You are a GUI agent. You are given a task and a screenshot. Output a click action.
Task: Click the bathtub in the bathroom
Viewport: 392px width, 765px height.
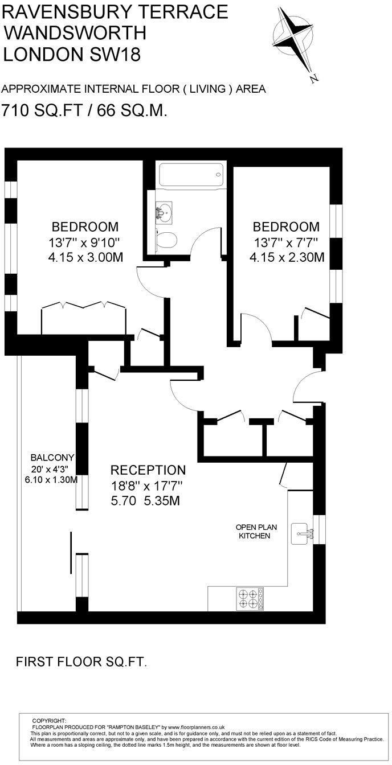(x=191, y=175)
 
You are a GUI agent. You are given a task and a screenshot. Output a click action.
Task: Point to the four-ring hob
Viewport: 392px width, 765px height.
(x=250, y=598)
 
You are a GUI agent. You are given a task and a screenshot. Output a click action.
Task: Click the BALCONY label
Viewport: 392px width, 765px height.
(x=52, y=458)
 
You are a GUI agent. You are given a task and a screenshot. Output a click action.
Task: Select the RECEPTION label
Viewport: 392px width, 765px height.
(x=148, y=470)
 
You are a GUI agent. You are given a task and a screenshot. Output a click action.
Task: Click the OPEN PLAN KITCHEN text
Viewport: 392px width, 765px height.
(x=254, y=532)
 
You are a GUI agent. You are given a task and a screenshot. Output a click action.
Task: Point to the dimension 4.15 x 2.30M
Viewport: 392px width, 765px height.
(x=287, y=257)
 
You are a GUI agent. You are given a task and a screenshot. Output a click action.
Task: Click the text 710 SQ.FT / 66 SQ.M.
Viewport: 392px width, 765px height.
(x=84, y=110)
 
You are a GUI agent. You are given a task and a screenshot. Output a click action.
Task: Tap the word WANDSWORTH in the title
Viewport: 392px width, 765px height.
(x=75, y=33)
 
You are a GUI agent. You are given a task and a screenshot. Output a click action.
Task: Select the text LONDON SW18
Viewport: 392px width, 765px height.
(x=71, y=55)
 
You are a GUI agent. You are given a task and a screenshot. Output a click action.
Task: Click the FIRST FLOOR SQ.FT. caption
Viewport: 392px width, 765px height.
(x=81, y=661)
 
